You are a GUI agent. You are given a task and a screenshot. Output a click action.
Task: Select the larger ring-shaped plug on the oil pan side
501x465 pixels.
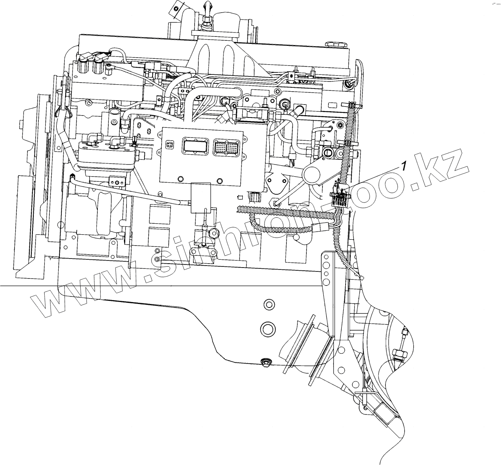(268, 328)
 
